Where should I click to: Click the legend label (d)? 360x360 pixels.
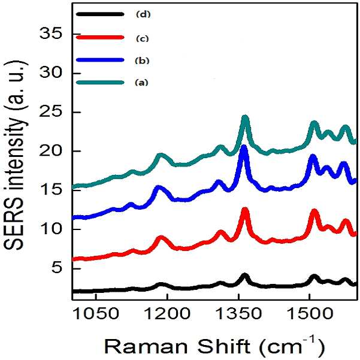point(143,14)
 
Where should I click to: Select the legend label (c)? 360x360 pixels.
point(143,38)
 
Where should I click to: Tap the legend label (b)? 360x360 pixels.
point(143,60)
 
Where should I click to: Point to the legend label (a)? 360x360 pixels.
point(141,83)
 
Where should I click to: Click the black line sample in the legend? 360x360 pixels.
point(100,14)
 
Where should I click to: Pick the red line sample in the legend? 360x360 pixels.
point(100,37)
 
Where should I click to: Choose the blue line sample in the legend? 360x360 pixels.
point(100,60)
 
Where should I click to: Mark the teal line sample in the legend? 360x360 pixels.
point(100,83)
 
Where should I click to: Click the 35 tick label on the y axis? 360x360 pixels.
point(51,34)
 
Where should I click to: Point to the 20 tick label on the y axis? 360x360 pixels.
point(51,151)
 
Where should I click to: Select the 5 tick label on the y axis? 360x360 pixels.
point(57,268)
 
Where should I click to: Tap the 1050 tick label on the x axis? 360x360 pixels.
point(96,313)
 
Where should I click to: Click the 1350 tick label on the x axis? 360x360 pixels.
point(239,313)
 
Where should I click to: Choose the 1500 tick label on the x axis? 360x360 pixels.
point(310,313)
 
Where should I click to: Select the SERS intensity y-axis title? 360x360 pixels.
point(14,155)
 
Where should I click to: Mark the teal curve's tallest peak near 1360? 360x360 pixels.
point(246,117)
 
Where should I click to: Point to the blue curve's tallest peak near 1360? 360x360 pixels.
point(244,147)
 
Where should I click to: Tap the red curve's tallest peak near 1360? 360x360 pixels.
point(245,210)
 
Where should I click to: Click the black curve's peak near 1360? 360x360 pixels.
point(245,275)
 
